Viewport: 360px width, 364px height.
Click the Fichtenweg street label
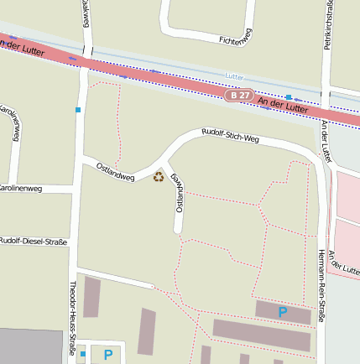click(235, 38)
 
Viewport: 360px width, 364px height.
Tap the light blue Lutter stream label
click(234, 76)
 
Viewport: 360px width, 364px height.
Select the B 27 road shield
click(240, 96)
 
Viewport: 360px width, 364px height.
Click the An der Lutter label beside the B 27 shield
click(284, 104)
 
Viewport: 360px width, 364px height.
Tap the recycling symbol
click(159, 176)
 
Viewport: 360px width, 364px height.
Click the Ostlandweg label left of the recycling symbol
click(116, 170)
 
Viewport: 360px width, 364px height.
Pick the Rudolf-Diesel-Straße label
click(34, 242)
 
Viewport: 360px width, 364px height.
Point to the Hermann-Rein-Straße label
click(321, 285)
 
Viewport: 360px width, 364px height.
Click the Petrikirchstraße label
click(330, 25)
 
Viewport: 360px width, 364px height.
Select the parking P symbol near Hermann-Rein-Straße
click(283, 313)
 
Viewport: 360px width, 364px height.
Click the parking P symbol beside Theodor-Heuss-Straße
click(108, 355)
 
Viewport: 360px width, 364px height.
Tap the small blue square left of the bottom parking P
click(83, 354)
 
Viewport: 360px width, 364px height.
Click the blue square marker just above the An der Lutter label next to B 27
click(289, 97)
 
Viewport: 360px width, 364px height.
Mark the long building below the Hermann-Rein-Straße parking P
click(261, 334)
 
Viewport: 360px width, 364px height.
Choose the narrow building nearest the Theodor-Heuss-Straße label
click(91, 297)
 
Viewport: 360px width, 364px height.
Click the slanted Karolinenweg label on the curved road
click(11, 122)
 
